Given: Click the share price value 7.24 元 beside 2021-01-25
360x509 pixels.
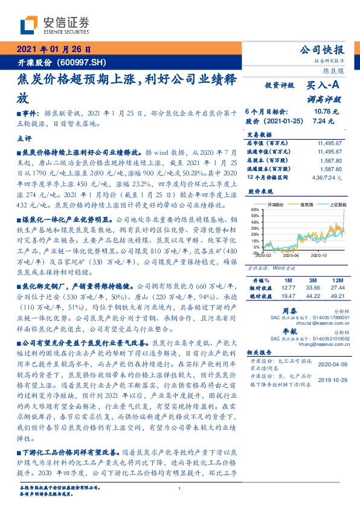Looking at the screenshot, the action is [321, 120].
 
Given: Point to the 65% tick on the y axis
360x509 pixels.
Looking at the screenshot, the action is [256, 209].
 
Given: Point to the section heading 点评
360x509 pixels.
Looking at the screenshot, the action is [25, 138].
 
